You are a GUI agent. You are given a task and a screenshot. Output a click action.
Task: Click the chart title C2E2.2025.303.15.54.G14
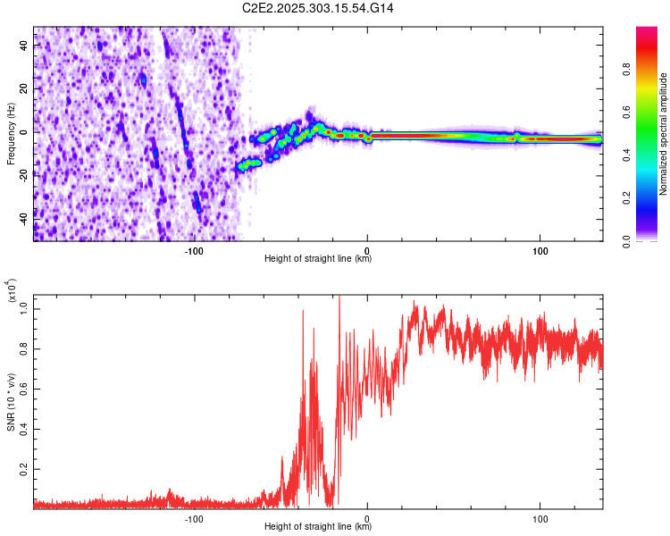pos(318,8)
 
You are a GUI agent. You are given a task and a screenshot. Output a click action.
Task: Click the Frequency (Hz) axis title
pos(11,134)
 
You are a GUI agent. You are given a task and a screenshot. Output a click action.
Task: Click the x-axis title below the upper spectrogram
pos(318,259)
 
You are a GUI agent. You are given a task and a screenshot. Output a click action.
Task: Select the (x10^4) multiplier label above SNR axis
pos(13,290)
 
